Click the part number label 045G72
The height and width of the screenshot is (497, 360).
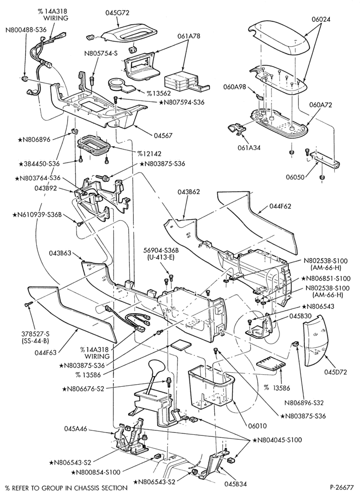click(117, 13)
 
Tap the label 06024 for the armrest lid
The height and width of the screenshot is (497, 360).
click(321, 19)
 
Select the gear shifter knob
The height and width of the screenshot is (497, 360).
click(156, 368)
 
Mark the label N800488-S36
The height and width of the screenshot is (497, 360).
click(26, 29)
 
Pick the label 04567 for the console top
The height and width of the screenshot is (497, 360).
click(163, 136)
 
